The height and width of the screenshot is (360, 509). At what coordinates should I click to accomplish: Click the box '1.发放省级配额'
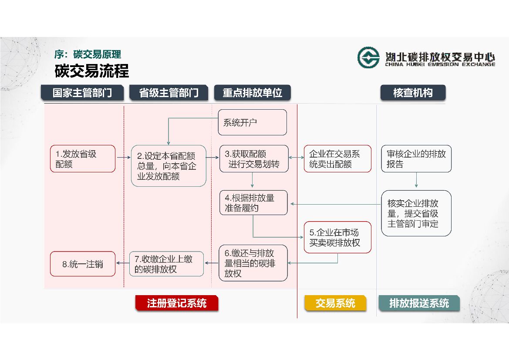(x=83, y=159)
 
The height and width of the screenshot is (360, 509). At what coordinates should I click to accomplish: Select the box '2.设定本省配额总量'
(x=169, y=166)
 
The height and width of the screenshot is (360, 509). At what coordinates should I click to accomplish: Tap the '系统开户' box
(x=253, y=122)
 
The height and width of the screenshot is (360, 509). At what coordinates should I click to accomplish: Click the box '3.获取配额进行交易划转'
(x=253, y=159)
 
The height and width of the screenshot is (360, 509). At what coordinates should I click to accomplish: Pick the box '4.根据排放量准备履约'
(x=253, y=202)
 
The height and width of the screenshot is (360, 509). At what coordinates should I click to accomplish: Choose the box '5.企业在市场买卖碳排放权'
(x=337, y=237)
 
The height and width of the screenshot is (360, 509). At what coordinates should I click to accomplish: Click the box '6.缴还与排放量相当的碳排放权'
(x=253, y=263)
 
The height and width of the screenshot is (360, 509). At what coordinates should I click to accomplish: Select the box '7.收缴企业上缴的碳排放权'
(x=166, y=264)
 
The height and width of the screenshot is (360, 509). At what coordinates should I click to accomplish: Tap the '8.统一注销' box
(x=83, y=264)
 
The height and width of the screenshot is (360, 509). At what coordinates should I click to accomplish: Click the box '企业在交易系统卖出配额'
(x=337, y=159)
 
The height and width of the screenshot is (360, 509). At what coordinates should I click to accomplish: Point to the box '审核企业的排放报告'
(x=416, y=159)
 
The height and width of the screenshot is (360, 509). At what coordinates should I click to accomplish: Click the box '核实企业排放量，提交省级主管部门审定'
(x=416, y=213)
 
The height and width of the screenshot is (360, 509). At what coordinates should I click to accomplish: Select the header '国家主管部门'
(x=82, y=93)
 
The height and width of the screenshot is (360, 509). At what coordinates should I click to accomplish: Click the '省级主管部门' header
(x=169, y=93)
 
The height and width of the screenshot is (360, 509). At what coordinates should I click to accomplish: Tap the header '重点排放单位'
(x=252, y=93)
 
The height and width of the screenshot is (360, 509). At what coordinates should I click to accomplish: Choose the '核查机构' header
(x=413, y=93)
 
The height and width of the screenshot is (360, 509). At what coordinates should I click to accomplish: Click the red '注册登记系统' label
(x=176, y=303)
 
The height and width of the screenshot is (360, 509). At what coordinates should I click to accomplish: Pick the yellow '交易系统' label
(x=335, y=303)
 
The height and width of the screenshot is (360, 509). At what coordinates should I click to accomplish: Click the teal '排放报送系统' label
(x=418, y=303)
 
